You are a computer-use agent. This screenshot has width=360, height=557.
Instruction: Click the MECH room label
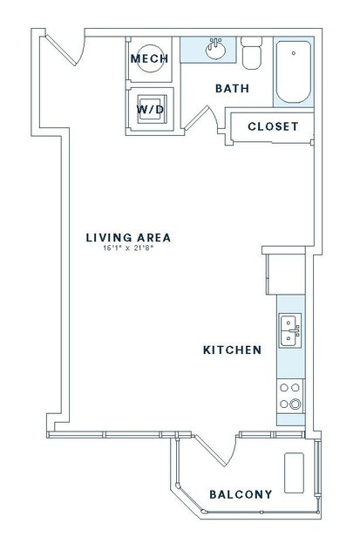pyautogui.click(x=149, y=58)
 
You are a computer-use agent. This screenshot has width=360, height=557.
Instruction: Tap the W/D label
pyautogui.click(x=151, y=110)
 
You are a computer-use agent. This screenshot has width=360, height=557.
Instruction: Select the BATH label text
pyautogui.click(x=233, y=88)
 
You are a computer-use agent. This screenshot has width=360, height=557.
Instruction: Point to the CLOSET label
pyautogui.click(x=273, y=126)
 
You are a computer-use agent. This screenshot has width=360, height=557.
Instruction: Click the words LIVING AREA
pyautogui.click(x=128, y=238)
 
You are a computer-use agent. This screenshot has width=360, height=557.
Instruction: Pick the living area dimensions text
pyautogui.click(x=128, y=248)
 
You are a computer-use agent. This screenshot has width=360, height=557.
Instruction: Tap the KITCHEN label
pyautogui.click(x=233, y=350)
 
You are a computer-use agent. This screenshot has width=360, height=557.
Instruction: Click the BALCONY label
pyautogui.click(x=241, y=494)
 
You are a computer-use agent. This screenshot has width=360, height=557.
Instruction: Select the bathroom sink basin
pyautogui.click(x=215, y=49)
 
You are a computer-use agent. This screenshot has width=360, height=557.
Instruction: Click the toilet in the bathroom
pyautogui.click(x=252, y=53)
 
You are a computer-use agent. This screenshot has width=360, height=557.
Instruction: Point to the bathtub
pyautogui.click(x=294, y=71)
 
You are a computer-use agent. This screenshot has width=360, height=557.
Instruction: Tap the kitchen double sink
pyautogui.click(x=290, y=330)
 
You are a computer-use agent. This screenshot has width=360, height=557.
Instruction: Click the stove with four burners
pyautogui.click(x=290, y=396)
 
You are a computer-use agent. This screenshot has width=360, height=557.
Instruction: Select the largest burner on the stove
pyautogui.click(x=295, y=404)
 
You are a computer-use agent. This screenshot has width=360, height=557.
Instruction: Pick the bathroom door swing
pyautogui.click(x=202, y=118)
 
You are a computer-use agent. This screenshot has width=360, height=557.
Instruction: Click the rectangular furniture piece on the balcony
pyautogui.click(x=295, y=472)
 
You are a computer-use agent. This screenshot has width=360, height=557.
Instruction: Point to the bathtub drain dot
pyautogui.click(x=294, y=53)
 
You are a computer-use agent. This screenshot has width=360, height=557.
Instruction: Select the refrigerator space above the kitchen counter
pyautogui.click(x=286, y=275)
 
